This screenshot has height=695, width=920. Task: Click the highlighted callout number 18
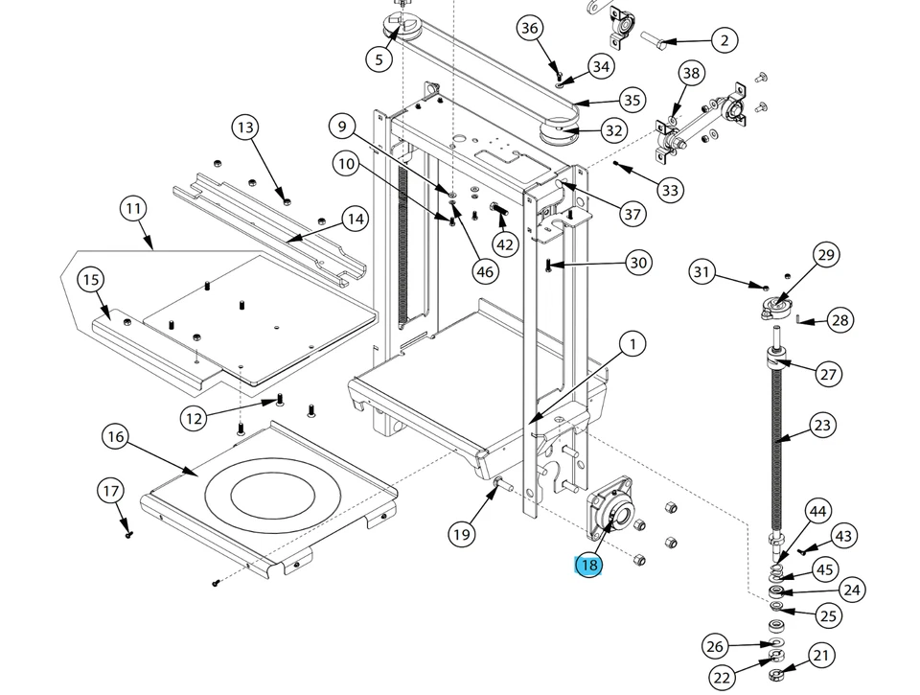point(588,565)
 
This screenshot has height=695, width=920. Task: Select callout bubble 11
point(132,208)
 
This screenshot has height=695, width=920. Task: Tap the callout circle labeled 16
point(116,437)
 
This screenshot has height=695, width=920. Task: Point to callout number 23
point(822,425)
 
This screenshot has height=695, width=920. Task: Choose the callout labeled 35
point(632,100)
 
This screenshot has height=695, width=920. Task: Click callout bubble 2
point(724,39)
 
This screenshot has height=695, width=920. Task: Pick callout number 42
point(505,243)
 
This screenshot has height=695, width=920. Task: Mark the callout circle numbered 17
point(111,492)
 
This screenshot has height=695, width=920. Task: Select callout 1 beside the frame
point(632,344)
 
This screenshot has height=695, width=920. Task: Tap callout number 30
point(638,263)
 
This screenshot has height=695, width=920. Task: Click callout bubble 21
point(821,656)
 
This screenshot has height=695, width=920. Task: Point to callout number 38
point(691,74)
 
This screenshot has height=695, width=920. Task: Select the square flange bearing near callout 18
point(609,509)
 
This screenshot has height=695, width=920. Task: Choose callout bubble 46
point(485,271)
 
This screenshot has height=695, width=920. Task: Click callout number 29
point(826,255)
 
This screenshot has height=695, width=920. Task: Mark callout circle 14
point(356,220)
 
